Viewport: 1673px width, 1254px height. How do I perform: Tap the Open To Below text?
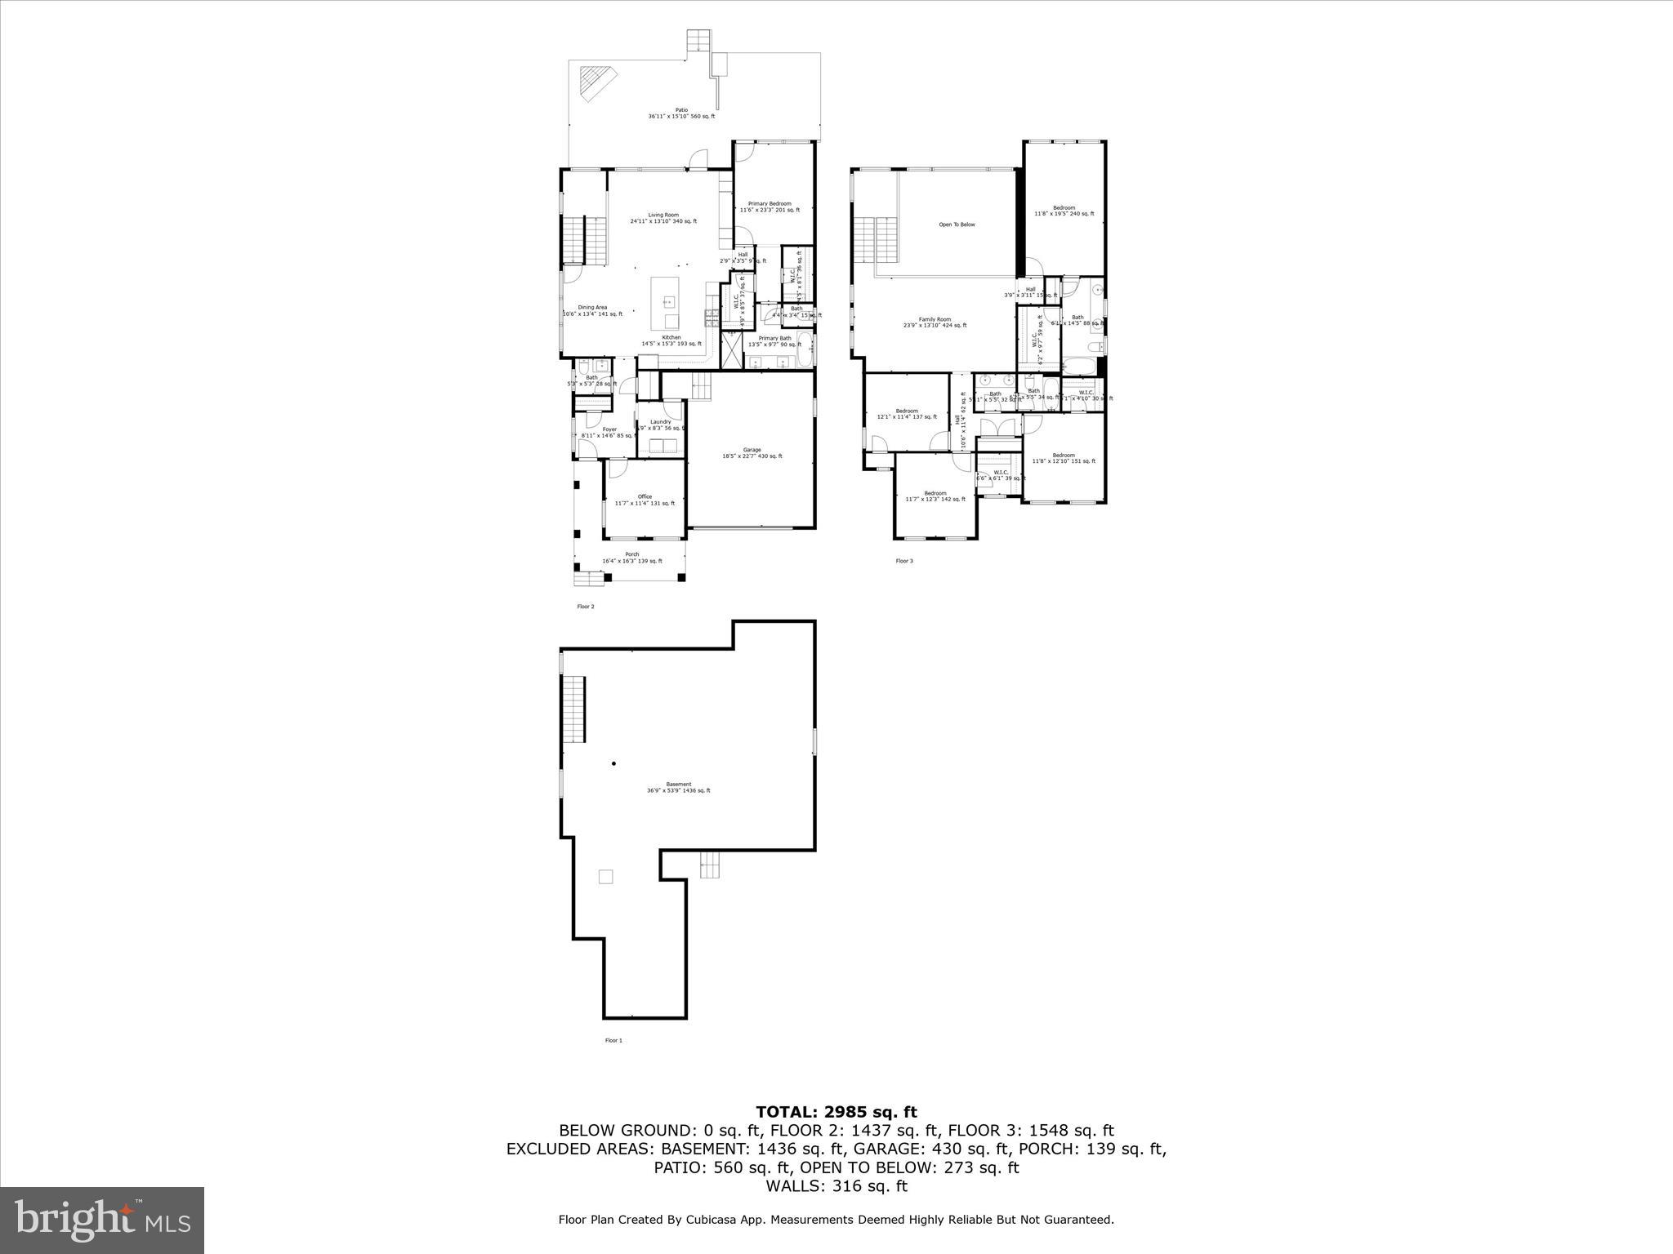(957, 225)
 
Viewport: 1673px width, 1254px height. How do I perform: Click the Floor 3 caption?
(904, 561)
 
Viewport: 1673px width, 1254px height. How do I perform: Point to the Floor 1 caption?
(613, 1040)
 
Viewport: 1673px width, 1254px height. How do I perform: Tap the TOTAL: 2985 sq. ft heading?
(836, 1112)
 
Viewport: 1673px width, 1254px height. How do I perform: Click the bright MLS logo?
(102, 1220)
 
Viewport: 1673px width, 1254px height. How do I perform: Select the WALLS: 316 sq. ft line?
(836, 1186)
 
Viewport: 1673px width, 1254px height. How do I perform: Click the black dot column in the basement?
(613, 764)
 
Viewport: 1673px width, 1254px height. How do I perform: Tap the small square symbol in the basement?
(605, 877)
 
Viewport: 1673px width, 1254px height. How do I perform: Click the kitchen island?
(665, 302)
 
